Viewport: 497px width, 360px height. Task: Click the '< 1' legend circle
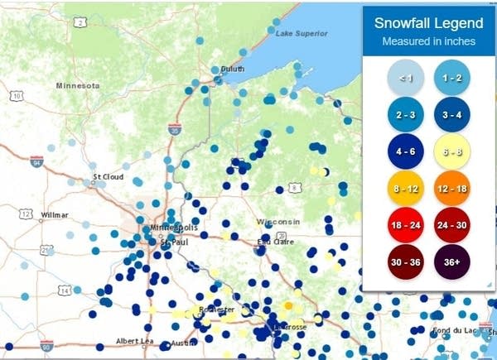(405, 78)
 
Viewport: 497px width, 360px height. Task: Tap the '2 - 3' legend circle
(405, 114)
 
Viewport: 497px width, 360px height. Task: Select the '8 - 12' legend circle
(405, 188)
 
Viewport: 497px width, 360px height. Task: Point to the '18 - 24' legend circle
(405, 224)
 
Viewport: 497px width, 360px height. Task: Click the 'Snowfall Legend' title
(427, 23)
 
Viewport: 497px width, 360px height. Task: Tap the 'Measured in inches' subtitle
(427, 41)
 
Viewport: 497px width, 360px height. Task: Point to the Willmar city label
(54, 215)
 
